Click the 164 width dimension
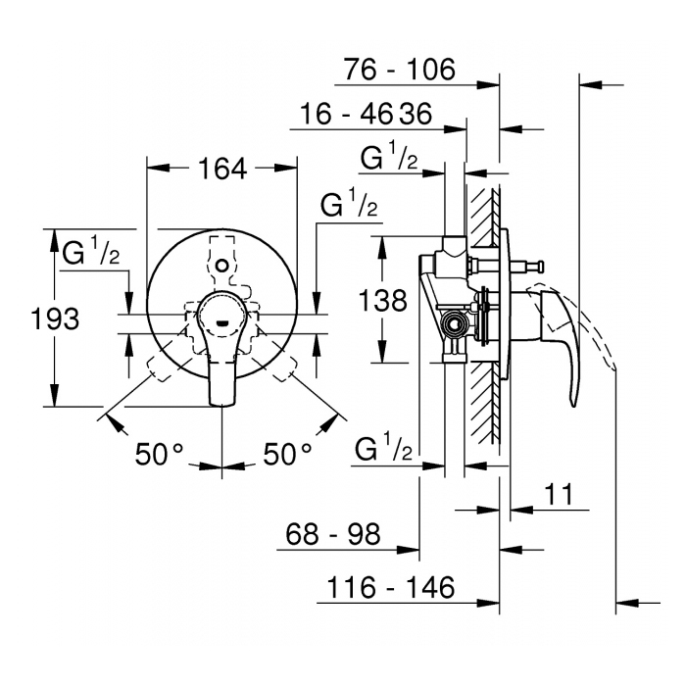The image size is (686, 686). pos(222,169)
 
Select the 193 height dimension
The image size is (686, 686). pos(55,318)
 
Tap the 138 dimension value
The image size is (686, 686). pos(383,301)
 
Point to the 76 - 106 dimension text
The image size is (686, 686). pos(400,70)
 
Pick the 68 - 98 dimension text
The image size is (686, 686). pos(333,534)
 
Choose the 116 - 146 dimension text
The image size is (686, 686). pos(391,587)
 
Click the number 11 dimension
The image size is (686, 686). pos(559,494)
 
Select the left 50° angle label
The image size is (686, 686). pos(159,454)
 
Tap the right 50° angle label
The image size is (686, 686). pos(287,454)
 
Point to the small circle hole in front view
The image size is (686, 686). pos(222,266)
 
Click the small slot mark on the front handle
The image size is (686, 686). pos(222,323)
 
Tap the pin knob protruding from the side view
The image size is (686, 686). pos(541,266)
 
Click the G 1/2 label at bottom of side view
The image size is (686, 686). pos(384,447)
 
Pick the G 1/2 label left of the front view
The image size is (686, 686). pos(90,251)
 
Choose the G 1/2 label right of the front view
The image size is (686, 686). pos(349,203)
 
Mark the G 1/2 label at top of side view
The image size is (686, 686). pos(389,156)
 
